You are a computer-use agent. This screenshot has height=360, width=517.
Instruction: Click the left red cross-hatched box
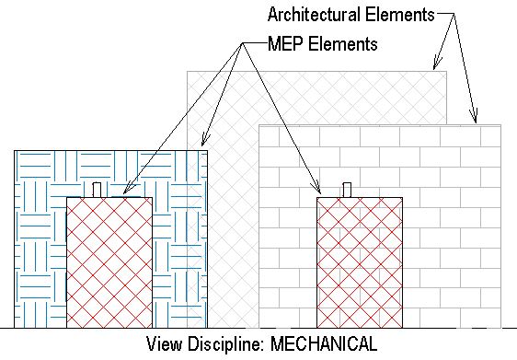pos(109,262)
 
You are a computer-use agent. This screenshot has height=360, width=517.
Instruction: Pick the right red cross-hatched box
pos(359,262)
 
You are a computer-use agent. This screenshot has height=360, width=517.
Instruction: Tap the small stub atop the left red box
pos(97,190)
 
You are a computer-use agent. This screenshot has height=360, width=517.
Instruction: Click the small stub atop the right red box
pos(348,190)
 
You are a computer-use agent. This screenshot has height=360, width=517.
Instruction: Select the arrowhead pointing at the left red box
pos(127,193)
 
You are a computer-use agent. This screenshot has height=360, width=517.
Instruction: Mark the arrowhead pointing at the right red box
pos(319,192)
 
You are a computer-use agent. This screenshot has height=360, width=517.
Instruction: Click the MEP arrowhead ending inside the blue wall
pos(203,143)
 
